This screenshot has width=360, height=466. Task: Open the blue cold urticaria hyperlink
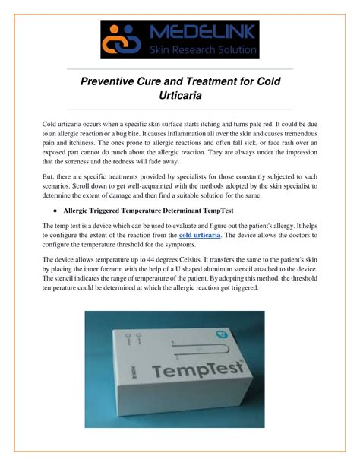(x=200, y=236)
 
